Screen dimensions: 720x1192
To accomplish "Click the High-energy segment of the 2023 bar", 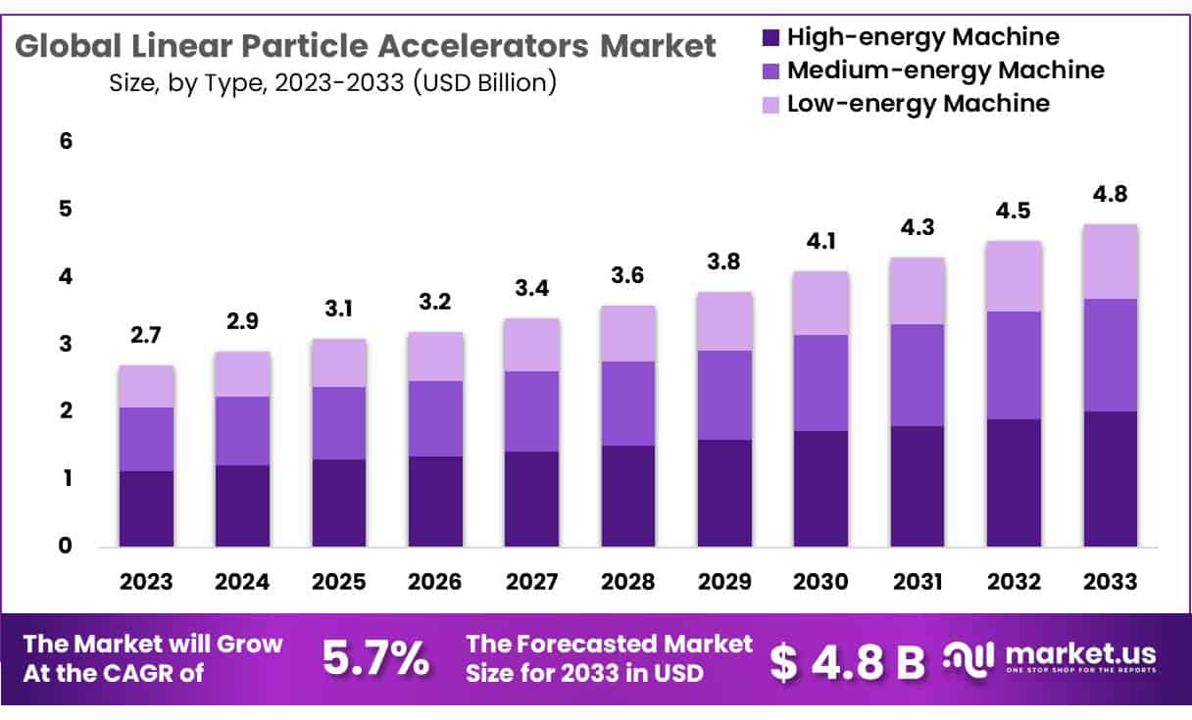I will point(146,508).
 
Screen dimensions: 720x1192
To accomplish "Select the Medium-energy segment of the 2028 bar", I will point(628,404).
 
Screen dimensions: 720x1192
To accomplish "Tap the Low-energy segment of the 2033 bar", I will point(1111,262).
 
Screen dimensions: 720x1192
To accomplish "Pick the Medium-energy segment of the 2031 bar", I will point(918,375).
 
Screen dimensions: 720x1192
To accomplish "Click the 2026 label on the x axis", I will point(435,582).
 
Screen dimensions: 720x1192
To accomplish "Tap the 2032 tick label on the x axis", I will point(1015,582).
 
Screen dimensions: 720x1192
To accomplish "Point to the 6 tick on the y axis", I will point(66,142).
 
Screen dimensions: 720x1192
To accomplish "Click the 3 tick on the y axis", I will point(66,344).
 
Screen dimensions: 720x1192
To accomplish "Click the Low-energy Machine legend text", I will point(919,103).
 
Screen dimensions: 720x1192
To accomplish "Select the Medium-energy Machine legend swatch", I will point(770,72).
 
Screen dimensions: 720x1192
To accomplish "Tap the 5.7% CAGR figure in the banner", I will point(375,661).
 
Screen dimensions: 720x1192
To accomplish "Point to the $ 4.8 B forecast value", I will point(847,663).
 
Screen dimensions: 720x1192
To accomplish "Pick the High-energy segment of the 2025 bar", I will point(339,503).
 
